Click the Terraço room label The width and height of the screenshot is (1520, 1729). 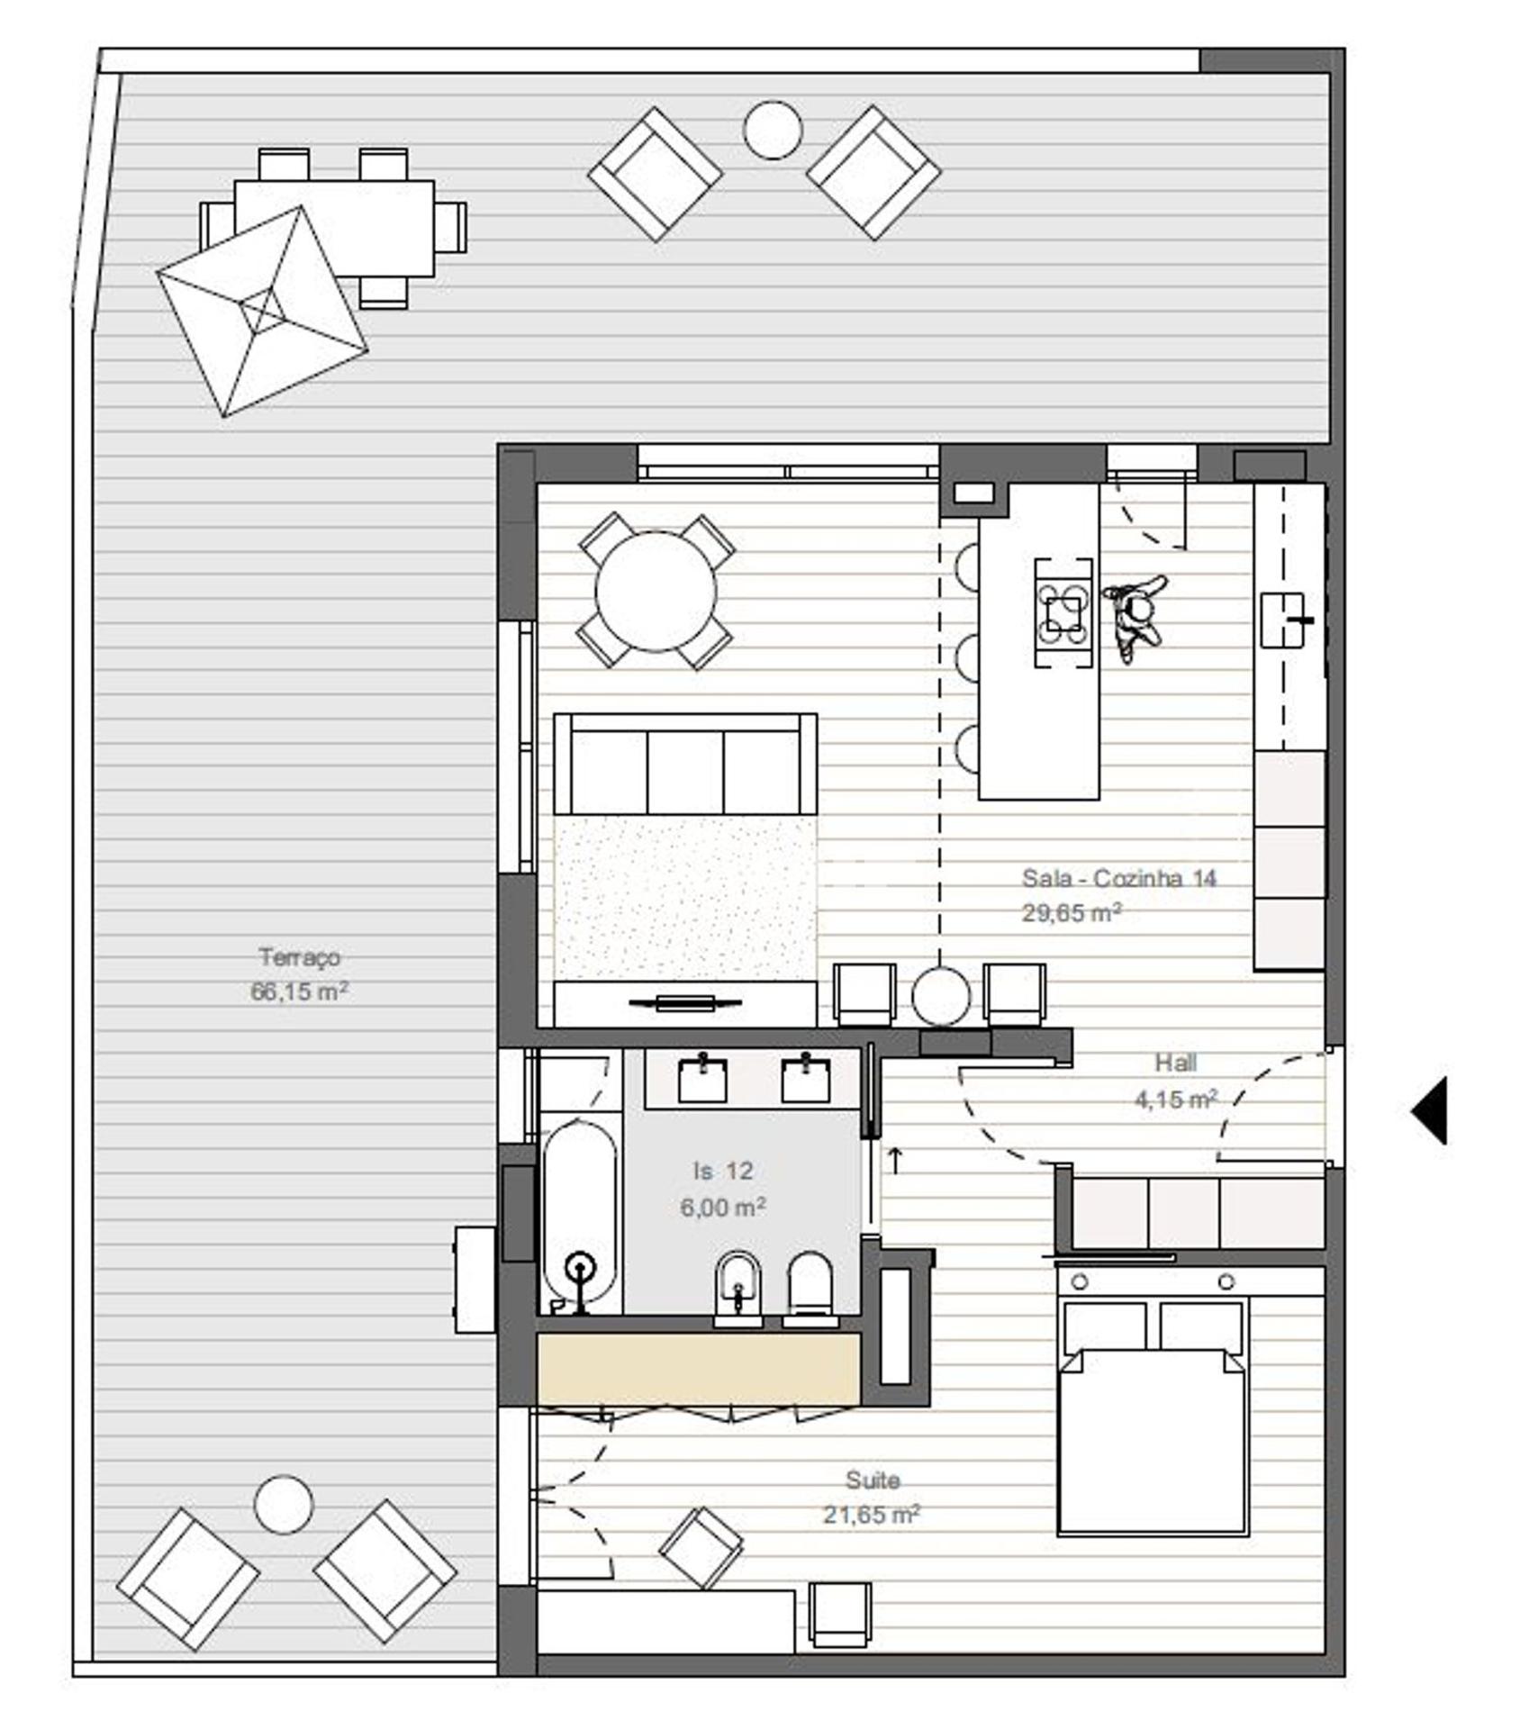[299, 956]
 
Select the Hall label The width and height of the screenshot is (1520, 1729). [1175, 1063]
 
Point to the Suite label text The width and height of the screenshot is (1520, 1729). [873, 1480]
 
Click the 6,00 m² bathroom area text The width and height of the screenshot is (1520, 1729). [722, 1207]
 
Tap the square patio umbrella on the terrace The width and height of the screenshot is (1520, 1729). [262, 312]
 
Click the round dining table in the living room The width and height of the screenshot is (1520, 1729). [656, 592]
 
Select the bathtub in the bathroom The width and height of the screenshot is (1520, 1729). [580, 1216]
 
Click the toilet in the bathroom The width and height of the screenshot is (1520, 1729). [810, 1289]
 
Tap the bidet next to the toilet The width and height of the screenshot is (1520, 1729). [737, 1289]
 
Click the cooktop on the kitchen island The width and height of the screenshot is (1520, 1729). [1063, 613]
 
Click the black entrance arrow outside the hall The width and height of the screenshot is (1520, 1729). [1429, 1110]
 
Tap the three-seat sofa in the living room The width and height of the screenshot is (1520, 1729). [685, 765]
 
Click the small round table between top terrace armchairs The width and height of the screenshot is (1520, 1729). [773, 130]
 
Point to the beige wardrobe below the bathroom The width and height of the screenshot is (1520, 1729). [698, 1368]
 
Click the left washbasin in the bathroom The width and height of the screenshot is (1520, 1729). [702, 1079]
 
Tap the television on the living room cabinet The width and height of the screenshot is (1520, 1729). [685, 1002]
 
